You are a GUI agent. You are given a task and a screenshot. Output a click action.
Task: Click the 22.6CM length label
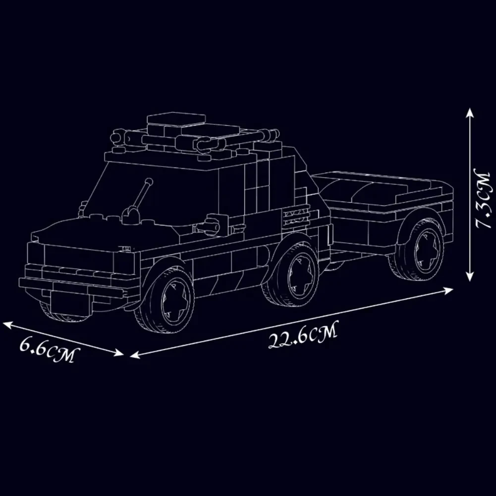pyautogui.click(x=303, y=335)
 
